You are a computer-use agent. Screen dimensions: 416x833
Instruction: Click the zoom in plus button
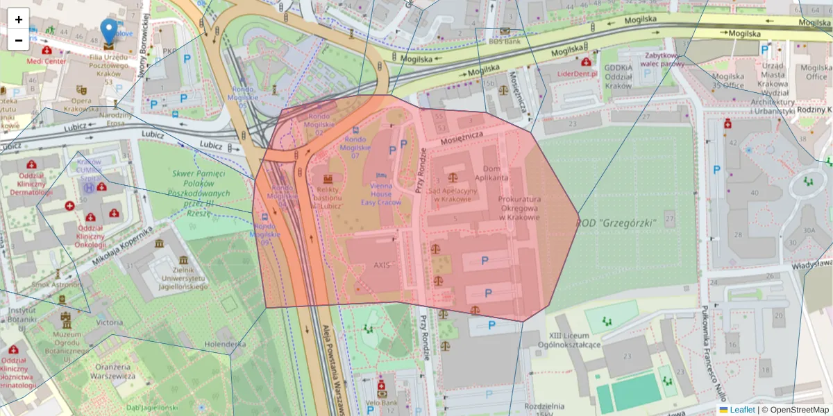click(19, 19)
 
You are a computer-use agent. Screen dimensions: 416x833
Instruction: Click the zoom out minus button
click(19, 40)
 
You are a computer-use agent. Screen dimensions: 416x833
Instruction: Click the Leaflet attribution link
click(741, 410)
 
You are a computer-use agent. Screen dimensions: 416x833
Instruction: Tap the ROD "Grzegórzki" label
click(616, 223)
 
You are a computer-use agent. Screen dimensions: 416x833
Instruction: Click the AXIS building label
click(382, 265)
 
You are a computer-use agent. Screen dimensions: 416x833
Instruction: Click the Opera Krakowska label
click(82, 105)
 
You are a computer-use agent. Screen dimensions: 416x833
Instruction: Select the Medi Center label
click(46, 60)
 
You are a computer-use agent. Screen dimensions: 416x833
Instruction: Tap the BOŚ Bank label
click(504, 41)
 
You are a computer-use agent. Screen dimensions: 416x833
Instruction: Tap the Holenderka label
click(226, 343)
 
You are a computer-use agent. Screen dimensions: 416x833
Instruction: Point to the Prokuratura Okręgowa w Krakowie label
click(519, 208)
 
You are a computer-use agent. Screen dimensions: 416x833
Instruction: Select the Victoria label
click(110, 322)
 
